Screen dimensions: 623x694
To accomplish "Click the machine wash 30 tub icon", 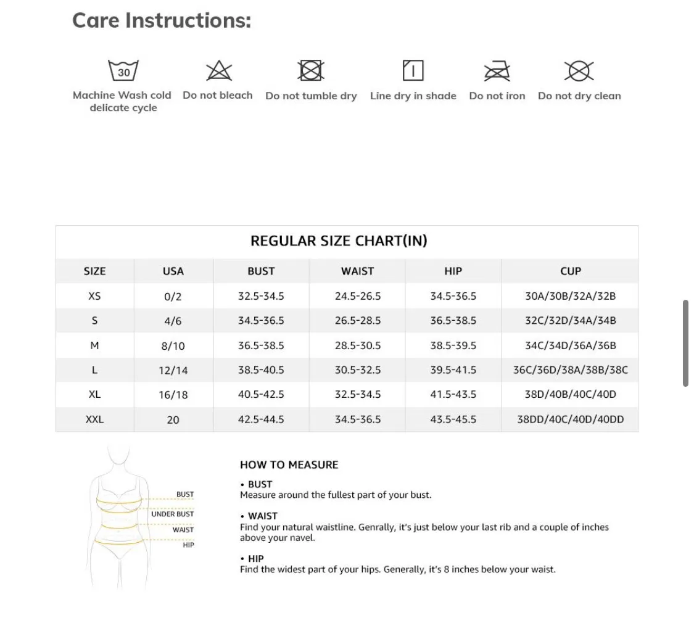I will [x=123, y=70].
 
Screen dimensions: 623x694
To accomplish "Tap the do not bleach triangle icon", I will [x=218, y=71].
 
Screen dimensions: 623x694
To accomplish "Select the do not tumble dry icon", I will [x=311, y=70].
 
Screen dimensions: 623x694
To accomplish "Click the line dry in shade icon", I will [x=413, y=70].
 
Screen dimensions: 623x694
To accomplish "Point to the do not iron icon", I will [x=497, y=71].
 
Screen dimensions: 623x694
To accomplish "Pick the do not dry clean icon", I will [x=579, y=71].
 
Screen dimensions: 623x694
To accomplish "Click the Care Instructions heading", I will [x=162, y=20].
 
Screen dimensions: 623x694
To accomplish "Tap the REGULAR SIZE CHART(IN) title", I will [x=339, y=241].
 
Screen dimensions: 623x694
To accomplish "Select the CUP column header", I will [x=570, y=271].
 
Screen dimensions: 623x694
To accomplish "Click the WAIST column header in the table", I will [x=357, y=271].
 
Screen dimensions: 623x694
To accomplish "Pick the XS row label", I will [x=94, y=296].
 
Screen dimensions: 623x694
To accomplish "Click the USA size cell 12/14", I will [x=173, y=370].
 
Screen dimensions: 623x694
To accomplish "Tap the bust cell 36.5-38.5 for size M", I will [x=261, y=345].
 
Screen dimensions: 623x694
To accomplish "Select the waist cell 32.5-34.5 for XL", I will [x=358, y=394].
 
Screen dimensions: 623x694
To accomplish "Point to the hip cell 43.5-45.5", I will [x=453, y=419].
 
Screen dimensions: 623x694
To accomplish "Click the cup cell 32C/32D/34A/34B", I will [x=570, y=321].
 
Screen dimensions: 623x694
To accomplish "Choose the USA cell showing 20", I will [x=173, y=419].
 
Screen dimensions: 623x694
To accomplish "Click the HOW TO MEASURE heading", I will [x=289, y=464].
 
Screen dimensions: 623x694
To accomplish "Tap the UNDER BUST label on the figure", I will [x=172, y=514].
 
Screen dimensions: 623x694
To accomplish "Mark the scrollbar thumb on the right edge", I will [x=685, y=343].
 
